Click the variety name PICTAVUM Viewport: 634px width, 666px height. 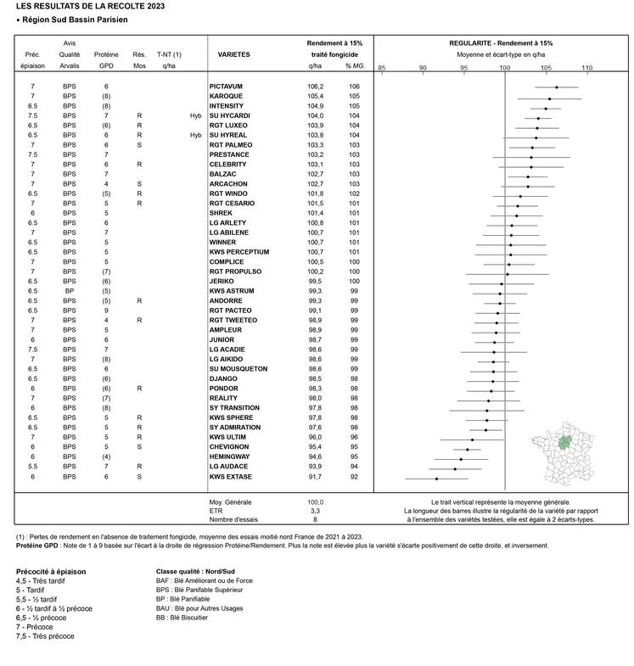(226, 87)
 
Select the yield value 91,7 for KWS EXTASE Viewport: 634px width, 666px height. (315, 478)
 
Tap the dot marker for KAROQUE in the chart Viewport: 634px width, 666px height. (549, 99)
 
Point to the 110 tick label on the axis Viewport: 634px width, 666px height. (586, 67)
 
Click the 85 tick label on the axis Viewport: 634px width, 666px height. (382, 67)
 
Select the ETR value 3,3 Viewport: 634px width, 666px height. (315, 512)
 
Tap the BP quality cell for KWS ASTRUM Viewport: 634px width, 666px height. (69, 291)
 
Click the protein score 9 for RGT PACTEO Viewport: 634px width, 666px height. (106, 311)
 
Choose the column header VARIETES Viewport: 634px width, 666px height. (233, 54)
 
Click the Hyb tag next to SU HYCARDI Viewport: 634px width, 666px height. (195, 116)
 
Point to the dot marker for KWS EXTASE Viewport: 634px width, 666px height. (436, 479)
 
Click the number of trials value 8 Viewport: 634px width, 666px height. (315, 520)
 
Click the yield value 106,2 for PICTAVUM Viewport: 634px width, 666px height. (315, 87)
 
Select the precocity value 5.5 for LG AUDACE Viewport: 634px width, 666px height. (32, 467)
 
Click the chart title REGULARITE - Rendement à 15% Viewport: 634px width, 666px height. (501, 42)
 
